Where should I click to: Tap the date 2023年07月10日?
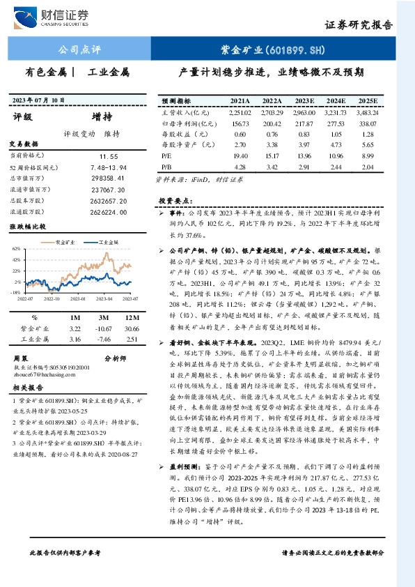click(39, 100)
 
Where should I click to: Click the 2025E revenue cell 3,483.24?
click(366, 112)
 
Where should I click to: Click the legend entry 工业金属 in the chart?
click(109, 241)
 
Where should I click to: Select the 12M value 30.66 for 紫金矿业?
click(131, 328)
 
